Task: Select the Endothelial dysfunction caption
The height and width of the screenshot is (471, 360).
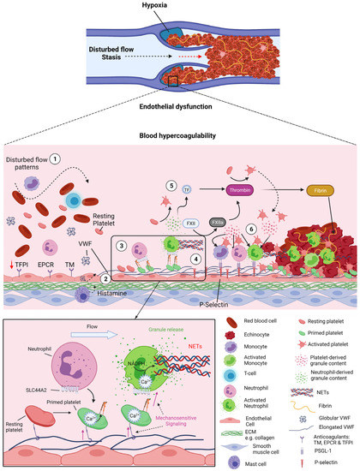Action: (x=180, y=107)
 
